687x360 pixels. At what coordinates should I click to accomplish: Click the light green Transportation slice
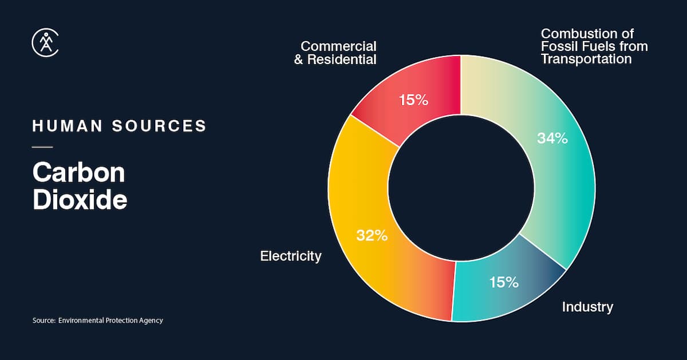(550, 172)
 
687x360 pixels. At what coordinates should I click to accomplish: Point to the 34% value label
(552, 138)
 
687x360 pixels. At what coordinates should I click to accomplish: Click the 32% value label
(372, 235)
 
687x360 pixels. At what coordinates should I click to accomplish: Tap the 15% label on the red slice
(413, 100)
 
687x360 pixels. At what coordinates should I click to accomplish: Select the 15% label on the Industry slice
(504, 282)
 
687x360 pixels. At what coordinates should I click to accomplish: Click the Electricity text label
(291, 256)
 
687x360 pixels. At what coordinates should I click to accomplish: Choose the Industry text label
(587, 307)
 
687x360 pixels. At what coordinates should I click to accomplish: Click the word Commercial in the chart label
(338, 46)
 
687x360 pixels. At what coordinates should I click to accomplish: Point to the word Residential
(342, 60)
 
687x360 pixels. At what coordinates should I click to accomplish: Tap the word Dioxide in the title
(80, 200)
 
